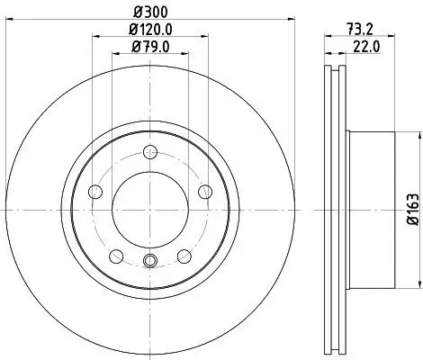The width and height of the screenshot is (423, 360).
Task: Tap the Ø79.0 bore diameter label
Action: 148,49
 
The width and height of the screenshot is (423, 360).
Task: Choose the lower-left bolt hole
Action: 115,256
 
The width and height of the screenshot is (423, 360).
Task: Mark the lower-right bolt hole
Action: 183,256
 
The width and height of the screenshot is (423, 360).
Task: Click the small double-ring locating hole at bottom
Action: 148,262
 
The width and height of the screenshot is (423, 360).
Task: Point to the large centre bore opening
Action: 148,210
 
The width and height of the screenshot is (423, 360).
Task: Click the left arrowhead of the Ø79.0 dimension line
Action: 113,57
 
